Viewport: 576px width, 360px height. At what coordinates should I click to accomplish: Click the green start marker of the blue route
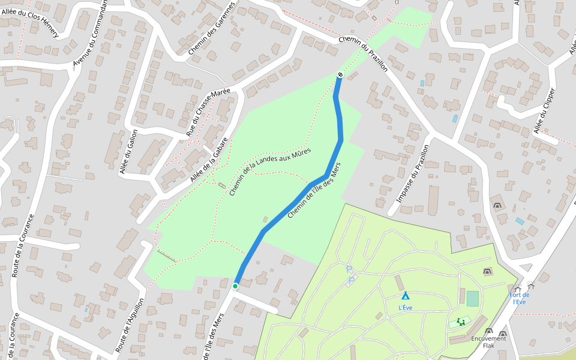click(x=235, y=286)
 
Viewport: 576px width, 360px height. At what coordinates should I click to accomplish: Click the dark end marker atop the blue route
click(x=340, y=75)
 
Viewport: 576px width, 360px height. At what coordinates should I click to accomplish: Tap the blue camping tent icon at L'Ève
click(x=406, y=296)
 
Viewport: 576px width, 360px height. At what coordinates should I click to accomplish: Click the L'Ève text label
click(x=406, y=308)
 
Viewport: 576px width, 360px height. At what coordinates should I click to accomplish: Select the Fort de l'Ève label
click(x=520, y=298)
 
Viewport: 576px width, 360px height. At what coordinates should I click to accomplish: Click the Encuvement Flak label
click(x=488, y=341)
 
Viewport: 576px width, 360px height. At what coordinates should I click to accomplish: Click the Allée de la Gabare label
click(x=209, y=160)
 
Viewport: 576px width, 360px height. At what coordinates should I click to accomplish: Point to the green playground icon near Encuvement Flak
click(x=461, y=322)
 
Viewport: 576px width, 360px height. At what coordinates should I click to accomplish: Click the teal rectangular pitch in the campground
click(x=473, y=298)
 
